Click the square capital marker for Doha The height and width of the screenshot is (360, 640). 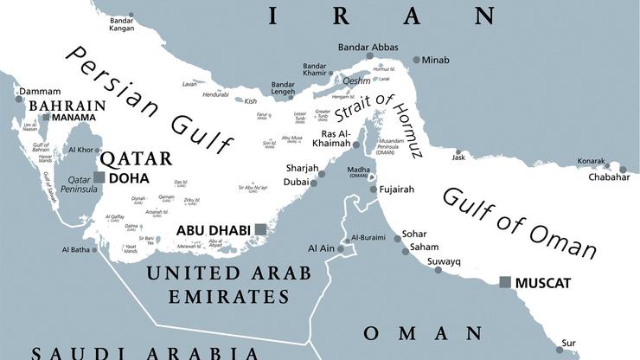pyautogui.click(x=99, y=177)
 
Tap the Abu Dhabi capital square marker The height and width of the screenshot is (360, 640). pyautogui.click(x=259, y=229)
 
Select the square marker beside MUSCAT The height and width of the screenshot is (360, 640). pyautogui.click(x=505, y=281)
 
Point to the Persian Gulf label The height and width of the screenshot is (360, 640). pyautogui.click(x=147, y=102)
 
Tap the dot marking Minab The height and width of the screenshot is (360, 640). pyautogui.click(x=416, y=60)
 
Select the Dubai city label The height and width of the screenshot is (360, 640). pyautogui.click(x=296, y=183)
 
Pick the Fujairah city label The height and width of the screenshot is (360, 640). pyautogui.click(x=400, y=190)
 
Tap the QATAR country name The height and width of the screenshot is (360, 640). pyautogui.click(x=134, y=159)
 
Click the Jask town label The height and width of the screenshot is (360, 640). pyautogui.click(x=458, y=157)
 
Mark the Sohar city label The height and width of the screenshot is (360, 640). pyautogui.click(x=416, y=234)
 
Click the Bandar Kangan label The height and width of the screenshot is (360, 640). pyautogui.click(x=122, y=22)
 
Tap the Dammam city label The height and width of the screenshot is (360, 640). pyautogui.click(x=41, y=92)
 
